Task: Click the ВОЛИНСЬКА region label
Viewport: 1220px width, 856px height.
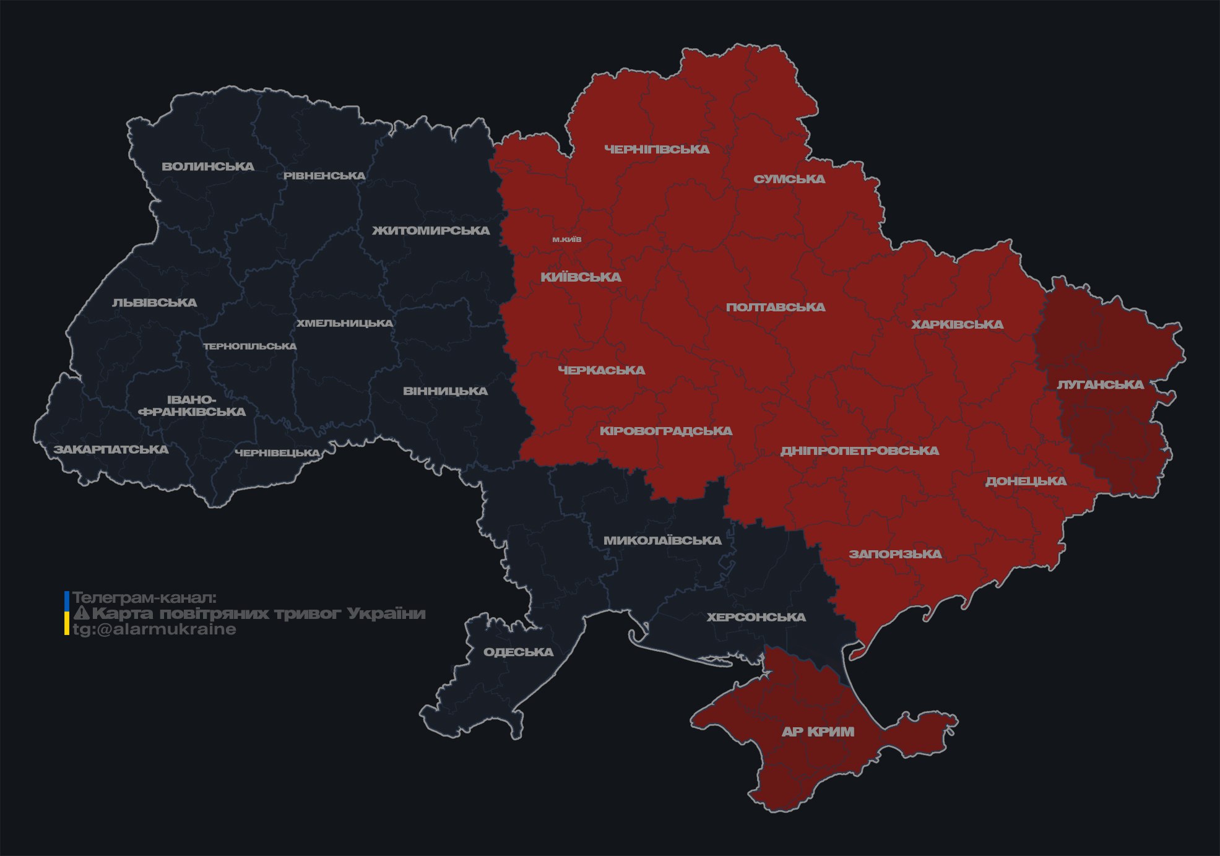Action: tap(208, 166)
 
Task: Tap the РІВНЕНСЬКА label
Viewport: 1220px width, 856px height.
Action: tap(324, 176)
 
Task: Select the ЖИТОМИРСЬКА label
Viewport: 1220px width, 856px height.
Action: tap(431, 231)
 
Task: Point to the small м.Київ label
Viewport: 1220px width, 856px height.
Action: tap(567, 240)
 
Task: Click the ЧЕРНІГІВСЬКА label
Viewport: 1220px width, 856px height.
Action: tap(657, 149)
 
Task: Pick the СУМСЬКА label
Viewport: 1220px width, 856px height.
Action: tap(789, 179)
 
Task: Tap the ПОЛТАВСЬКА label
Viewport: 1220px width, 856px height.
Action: tap(776, 307)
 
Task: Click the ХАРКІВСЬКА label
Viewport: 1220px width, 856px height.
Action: tap(957, 324)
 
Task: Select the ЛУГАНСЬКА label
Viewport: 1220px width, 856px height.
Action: tap(1100, 384)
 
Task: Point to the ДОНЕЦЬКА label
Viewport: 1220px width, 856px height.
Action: tap(1026, 481)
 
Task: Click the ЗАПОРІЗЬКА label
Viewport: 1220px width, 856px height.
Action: tap(895, 554)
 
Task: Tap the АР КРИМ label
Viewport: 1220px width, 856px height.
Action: tap(818, 732)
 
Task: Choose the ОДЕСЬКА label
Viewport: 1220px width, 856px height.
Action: tap(518, 652)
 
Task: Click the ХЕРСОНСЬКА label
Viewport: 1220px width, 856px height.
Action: tap(756, 617)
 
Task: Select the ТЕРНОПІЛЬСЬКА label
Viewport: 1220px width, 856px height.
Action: tap(250, 346)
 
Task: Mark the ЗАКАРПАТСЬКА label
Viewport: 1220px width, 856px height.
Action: tap(111, 449)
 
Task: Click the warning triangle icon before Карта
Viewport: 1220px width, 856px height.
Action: tap(82, 613)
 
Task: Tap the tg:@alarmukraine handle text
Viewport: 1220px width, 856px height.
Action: tap(155, 629)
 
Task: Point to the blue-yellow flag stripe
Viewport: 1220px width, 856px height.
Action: tap(67, 613)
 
